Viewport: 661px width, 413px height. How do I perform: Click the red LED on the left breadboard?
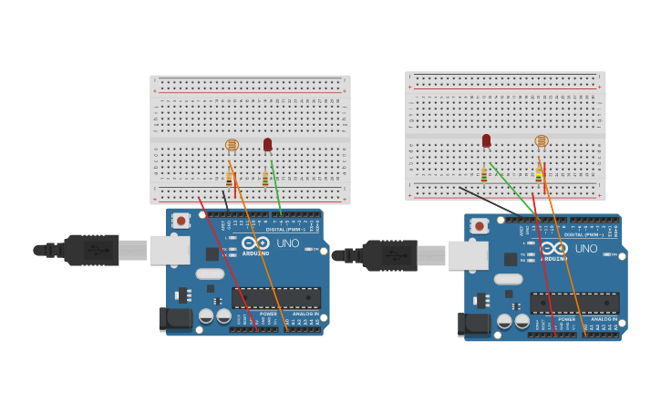pos(267,144)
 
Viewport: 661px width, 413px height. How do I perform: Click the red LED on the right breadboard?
pos(486,140)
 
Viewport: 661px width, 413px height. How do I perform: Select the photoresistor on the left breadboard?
pos(232,145)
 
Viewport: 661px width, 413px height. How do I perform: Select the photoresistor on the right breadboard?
pos(542,141)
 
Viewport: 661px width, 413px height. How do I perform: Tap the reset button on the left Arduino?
pos(181,220)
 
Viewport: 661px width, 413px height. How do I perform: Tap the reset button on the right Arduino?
pos(480,225)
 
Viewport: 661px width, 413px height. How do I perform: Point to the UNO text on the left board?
pos(288,243)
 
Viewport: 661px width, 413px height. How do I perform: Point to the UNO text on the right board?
pos(586,248)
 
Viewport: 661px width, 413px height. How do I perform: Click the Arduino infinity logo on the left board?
pos(255,243)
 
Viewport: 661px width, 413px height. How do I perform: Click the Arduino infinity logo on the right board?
pos(553,247)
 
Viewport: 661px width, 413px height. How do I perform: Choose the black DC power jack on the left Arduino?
pos(176,319)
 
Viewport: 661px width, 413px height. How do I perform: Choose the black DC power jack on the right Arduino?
pos(474,325)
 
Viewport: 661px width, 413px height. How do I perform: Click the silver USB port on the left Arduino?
pos(170,250)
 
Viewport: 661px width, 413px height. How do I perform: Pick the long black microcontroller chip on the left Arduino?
pos(275,298)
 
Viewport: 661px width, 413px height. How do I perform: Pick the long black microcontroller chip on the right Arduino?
pos(574,304)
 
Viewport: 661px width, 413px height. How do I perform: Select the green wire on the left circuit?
pos(276,187)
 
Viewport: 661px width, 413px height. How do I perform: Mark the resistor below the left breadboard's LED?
pos(265,179)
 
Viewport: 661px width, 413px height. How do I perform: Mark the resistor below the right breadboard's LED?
pos(484,174)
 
